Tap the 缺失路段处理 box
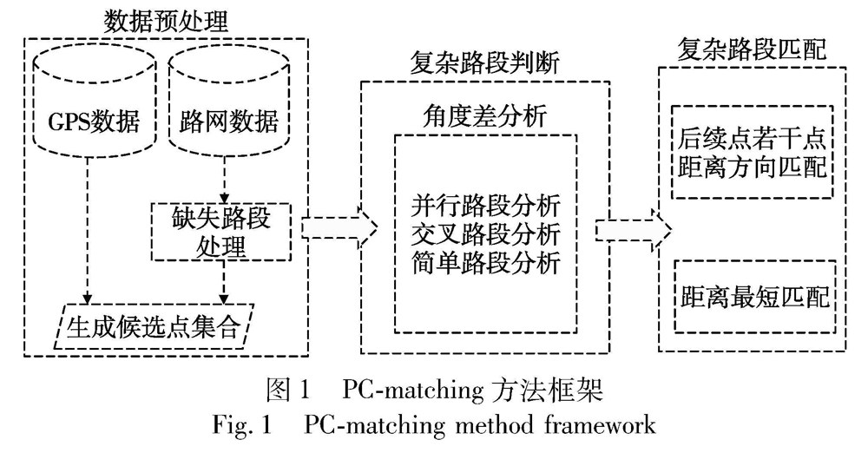(x=222, y=231)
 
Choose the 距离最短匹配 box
(x=752, y=296)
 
